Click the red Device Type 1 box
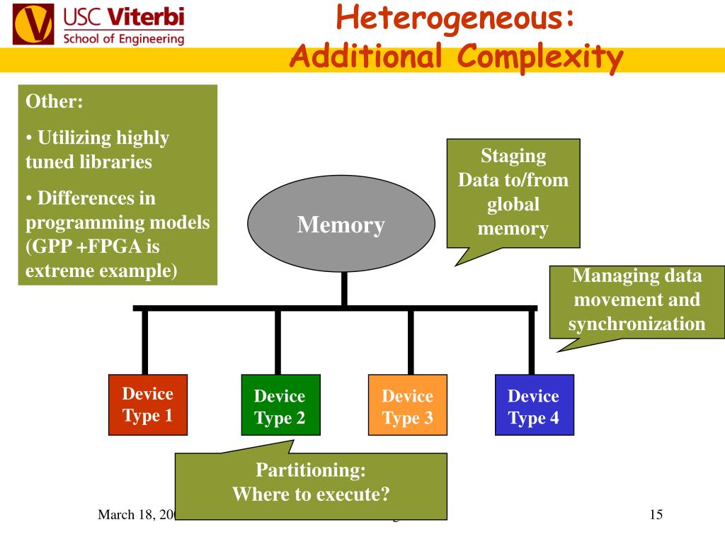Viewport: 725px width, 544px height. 147,404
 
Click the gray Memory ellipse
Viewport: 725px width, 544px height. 341,225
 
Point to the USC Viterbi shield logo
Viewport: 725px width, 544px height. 33,25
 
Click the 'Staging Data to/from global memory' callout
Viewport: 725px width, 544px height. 513,192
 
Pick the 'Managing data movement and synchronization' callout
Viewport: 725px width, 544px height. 636,300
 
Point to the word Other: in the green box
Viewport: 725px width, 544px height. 55,101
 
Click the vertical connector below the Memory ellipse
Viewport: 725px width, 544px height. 344,290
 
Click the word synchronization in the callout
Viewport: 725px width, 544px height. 636,324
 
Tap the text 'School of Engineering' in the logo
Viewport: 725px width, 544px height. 123,38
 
